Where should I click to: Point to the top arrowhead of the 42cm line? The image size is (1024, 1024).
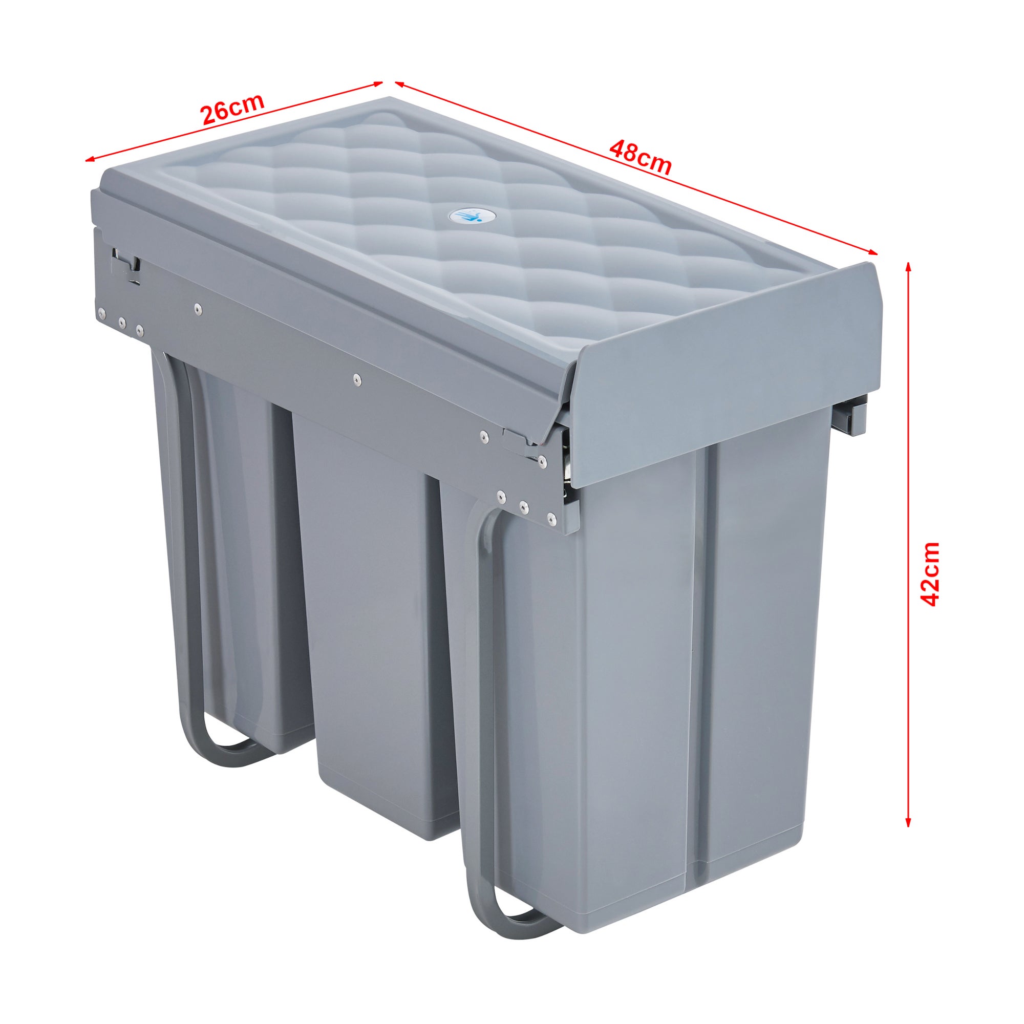908,267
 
